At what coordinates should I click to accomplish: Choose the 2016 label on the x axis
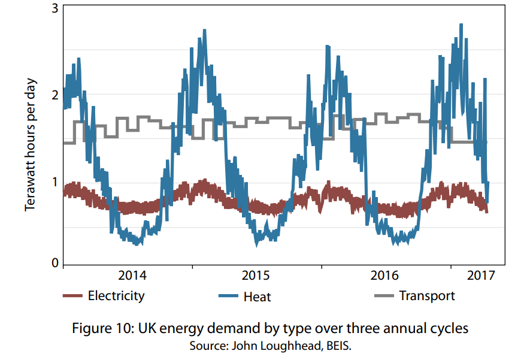pos(384,276)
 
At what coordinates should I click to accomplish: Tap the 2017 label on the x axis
pos(480,276)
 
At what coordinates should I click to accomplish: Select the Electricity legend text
pos(116,295)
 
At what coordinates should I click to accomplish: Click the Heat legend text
pos(258,296)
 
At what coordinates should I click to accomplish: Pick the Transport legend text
pos(427,295)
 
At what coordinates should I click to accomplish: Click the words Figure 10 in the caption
pos(103,328)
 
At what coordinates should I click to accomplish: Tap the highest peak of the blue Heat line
pos(461,25)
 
